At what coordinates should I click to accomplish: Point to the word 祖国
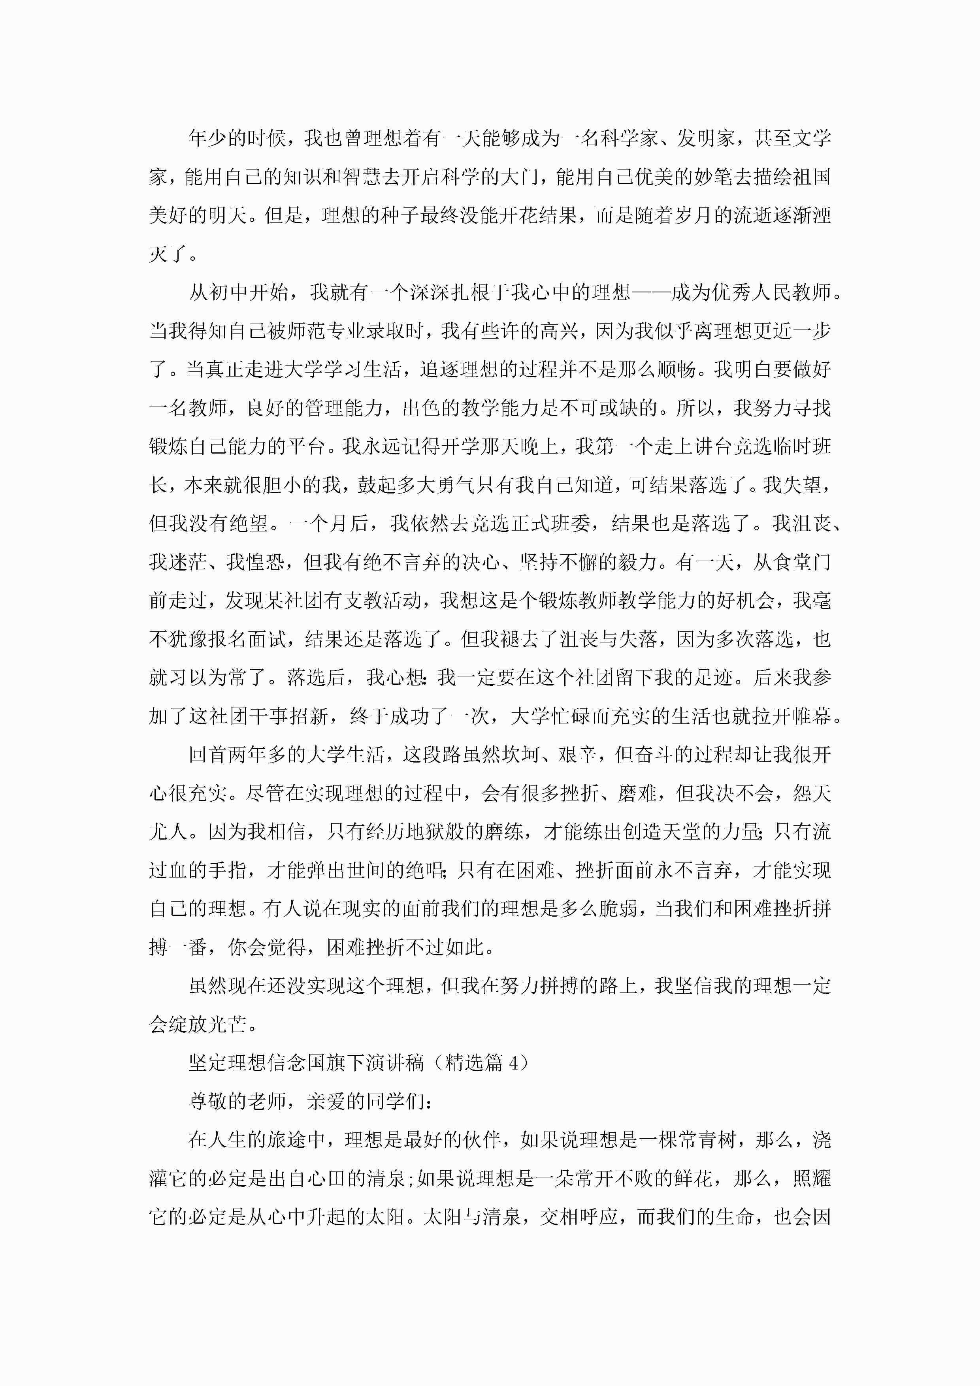(812, 177)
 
